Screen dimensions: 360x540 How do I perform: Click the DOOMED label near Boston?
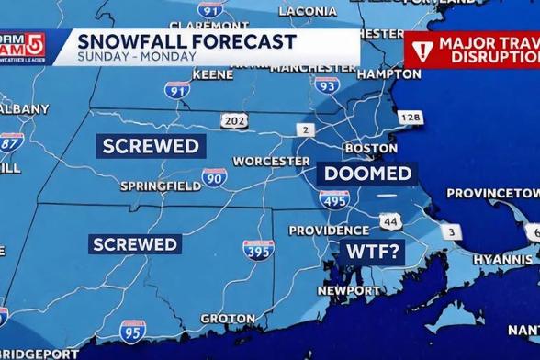[367, 174]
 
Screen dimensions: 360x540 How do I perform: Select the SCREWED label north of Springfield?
[151, 145]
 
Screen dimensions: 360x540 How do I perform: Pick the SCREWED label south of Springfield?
[134, 243]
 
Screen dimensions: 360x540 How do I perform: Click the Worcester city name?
[271, 161]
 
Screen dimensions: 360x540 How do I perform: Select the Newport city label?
[348, 290]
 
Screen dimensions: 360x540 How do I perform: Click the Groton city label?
[228, 319]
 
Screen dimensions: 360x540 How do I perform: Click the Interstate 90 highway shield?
[214, 177]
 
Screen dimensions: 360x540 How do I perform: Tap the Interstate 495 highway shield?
[334, 199]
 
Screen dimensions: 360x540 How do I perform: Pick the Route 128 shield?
[410, 118]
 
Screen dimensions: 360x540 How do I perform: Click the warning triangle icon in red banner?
[422, 49]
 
